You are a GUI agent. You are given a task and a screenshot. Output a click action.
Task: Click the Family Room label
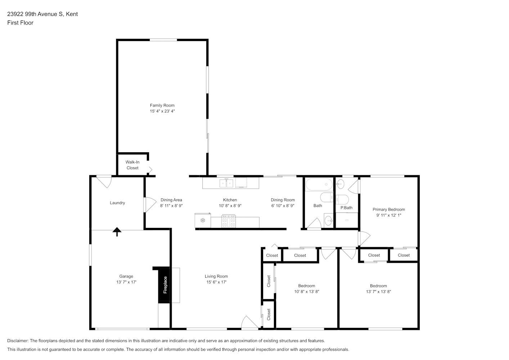[162, 105]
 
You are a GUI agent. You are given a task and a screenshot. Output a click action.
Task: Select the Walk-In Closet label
[132, 165]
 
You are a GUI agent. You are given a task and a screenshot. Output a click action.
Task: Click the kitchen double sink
[226, 183]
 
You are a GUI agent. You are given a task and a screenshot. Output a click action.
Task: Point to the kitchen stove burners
[228, 221]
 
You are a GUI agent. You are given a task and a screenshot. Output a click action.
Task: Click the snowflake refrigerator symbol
[202, 220]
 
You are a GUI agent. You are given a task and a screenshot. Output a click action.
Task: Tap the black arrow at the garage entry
[117, 232]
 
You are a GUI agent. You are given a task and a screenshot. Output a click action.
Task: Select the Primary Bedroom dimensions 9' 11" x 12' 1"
[388, 215]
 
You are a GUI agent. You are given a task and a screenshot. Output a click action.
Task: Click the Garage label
[126, 276]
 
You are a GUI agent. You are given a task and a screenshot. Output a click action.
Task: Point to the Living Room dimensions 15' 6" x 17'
[216, 282]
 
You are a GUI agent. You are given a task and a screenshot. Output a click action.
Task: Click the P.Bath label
[346, 208]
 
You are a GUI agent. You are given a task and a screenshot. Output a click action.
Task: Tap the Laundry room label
[117, 203]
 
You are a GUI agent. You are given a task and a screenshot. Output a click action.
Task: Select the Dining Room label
[283, 200]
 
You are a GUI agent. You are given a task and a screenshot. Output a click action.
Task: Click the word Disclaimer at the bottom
[18, 341]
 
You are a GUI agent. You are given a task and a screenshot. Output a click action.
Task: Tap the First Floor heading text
[20, 23]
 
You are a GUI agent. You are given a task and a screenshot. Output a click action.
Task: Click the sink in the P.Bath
[340, 184]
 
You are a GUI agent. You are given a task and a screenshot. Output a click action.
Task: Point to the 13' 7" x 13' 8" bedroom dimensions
[378, 292]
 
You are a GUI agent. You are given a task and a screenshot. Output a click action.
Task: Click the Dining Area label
[171, 200]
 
